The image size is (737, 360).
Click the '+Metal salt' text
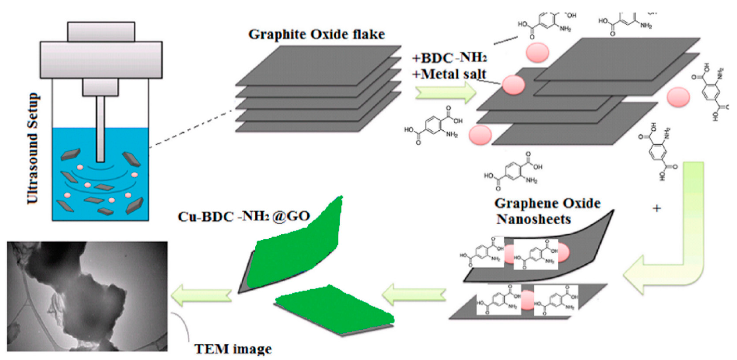449,74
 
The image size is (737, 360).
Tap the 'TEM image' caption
233,349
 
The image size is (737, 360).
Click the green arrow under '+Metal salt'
445,92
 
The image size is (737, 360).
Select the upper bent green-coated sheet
295,252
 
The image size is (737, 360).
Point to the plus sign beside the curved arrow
657,208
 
